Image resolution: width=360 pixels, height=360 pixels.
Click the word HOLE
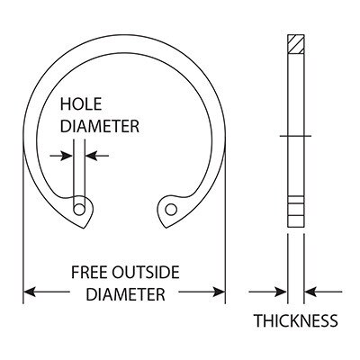tap(81, 104)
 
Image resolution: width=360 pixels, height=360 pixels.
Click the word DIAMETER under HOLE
tap(100, 126)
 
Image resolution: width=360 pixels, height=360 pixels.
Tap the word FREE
tap(89, 273)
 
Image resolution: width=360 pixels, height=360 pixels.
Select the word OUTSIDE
tap(146, 273)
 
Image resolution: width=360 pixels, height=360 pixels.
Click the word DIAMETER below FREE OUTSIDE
tap(126, 294)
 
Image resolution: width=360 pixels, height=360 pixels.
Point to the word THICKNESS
tap(296, 320)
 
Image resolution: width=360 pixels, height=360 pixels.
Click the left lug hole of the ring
tap(79, 210)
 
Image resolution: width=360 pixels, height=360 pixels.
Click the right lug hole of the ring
tap(171, 210)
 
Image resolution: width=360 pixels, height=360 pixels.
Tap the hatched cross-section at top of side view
tap(296, 44)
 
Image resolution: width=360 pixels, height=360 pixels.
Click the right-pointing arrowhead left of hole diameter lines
tap(67, 156)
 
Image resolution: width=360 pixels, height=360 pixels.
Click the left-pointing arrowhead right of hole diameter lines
tap(91, 156)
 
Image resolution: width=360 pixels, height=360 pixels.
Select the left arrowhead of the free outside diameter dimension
tap(30, 292)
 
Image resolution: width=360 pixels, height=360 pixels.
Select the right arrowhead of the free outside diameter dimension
tap(219, 292)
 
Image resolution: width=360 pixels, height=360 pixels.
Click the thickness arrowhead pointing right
tap(281, 292)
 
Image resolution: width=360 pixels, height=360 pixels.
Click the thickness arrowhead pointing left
tap(310, 292)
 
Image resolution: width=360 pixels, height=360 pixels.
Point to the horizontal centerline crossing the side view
tap(295, 136)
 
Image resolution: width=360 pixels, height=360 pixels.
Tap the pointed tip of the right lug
tap(166, 228)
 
